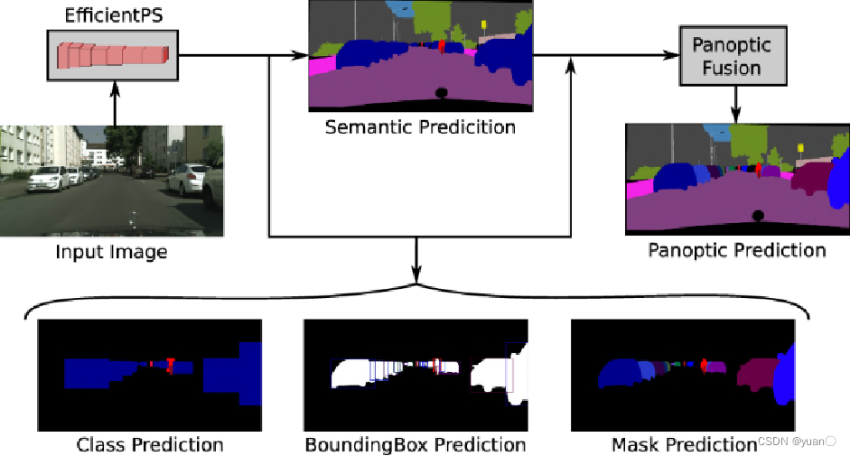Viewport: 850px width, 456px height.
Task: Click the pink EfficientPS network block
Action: tap(114, 55)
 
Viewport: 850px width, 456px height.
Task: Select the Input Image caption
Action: tap(111, 251)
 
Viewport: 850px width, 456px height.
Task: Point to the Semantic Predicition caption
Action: tap(420, 126)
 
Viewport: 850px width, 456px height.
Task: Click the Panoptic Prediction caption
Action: tap(736, 249)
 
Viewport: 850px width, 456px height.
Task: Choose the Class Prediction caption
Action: tap(150, 444)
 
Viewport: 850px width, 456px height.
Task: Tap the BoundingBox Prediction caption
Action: tap(415, 444)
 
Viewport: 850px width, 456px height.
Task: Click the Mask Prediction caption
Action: tap(684, 444)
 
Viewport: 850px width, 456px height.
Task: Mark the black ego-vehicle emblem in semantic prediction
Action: tap(442, 91)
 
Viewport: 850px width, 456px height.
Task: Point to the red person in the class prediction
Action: tap(169, 364)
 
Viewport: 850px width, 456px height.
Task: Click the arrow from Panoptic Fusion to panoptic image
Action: tap(736, 105)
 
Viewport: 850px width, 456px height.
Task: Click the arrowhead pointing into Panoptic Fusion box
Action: tap(674, 55)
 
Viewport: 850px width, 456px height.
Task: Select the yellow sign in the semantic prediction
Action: tap(484, 24)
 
